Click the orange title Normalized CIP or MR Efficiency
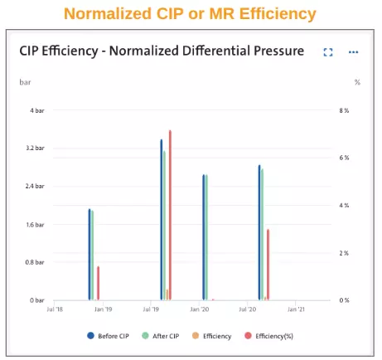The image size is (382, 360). click(x=191, y=14)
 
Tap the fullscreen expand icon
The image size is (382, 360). click(x=328, y=52)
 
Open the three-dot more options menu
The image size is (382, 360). click(x=354, y=52)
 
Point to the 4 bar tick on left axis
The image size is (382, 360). click(x=36, y=110)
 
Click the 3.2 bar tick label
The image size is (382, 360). click(x=35, y=148)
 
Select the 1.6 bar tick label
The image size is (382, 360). click(x=35, y=224)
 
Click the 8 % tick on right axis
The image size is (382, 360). click(x=347, y=110)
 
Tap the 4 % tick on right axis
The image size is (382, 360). click(x=347, y=206)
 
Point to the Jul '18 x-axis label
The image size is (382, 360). click(x=55, y=309)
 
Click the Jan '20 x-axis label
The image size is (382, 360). click(x=200, y=309)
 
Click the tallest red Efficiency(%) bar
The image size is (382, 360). click(x=170, y=216)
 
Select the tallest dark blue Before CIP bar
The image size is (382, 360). click(x=162, y=220)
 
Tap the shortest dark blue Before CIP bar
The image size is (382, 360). click(x=89, y=255)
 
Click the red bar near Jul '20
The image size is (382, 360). click(x=268, y=265)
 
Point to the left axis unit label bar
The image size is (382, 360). click(x=25, y=82)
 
